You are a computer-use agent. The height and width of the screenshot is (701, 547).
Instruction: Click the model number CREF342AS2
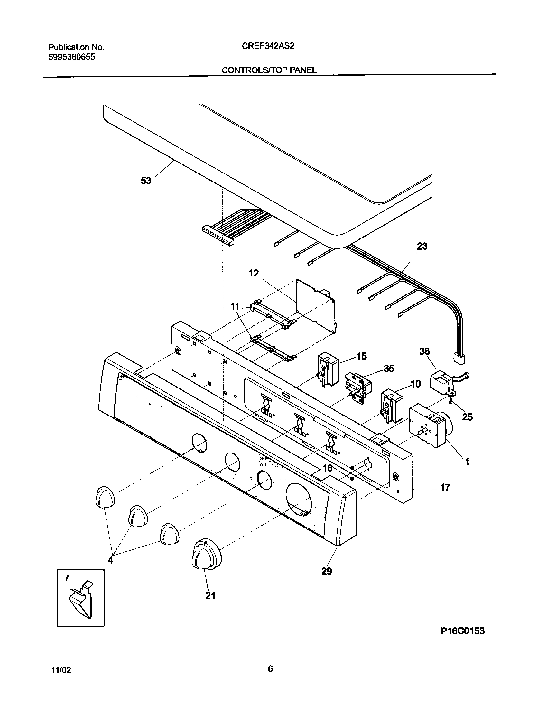click(268, 46)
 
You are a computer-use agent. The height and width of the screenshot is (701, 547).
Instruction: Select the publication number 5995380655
click(72, 57)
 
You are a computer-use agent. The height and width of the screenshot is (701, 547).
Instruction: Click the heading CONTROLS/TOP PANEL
click(269, 70)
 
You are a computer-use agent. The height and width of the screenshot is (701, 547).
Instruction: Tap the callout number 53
click(146, 181)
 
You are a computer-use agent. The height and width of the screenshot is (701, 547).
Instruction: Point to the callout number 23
click(422, 246)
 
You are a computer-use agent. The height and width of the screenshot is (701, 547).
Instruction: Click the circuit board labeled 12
click(316, 305)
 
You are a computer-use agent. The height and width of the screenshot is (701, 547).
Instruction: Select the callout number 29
click(326, 571)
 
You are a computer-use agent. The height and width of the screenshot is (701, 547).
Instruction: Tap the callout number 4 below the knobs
click(110, 560)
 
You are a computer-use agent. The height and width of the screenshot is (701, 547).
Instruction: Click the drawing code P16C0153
click(462, 640)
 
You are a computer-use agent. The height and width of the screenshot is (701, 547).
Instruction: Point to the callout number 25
click(467, 417)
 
